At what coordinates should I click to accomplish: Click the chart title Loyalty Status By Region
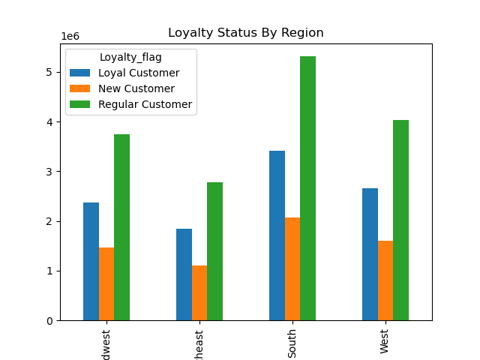[x=245, y=33]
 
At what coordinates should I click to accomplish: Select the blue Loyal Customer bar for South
[x=277, y=235]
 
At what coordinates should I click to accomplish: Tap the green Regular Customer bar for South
[x=307, y=188]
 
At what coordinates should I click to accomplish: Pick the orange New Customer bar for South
[x=292, y=268]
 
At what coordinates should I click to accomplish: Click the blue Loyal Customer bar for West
[x=370, y=254]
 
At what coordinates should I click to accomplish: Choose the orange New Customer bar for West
[x=385, y=280]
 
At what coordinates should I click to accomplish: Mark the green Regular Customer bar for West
[x=400, y=220]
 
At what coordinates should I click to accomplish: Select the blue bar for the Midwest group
[x=91, y=261]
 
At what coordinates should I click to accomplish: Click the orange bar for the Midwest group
[x=106, y=283]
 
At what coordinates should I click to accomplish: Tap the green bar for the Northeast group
[x=214, y=251]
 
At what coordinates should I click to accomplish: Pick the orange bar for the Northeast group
[x=199, y=292]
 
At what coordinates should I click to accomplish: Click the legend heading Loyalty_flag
[x=130, y=56]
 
